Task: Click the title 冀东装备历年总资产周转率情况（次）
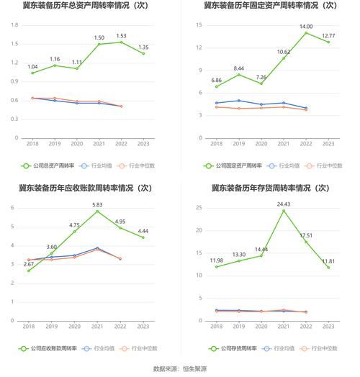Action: pos(87,6)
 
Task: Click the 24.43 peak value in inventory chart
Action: pos(284,204)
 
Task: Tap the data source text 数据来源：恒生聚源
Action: pos(180,368)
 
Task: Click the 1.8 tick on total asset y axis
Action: pos(14,25)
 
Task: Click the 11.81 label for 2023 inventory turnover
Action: pos(328,260)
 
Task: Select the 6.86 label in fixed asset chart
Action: pos(216,80)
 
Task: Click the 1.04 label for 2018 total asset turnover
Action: pos(32,67)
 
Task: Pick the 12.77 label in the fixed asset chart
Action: pos(328,35)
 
